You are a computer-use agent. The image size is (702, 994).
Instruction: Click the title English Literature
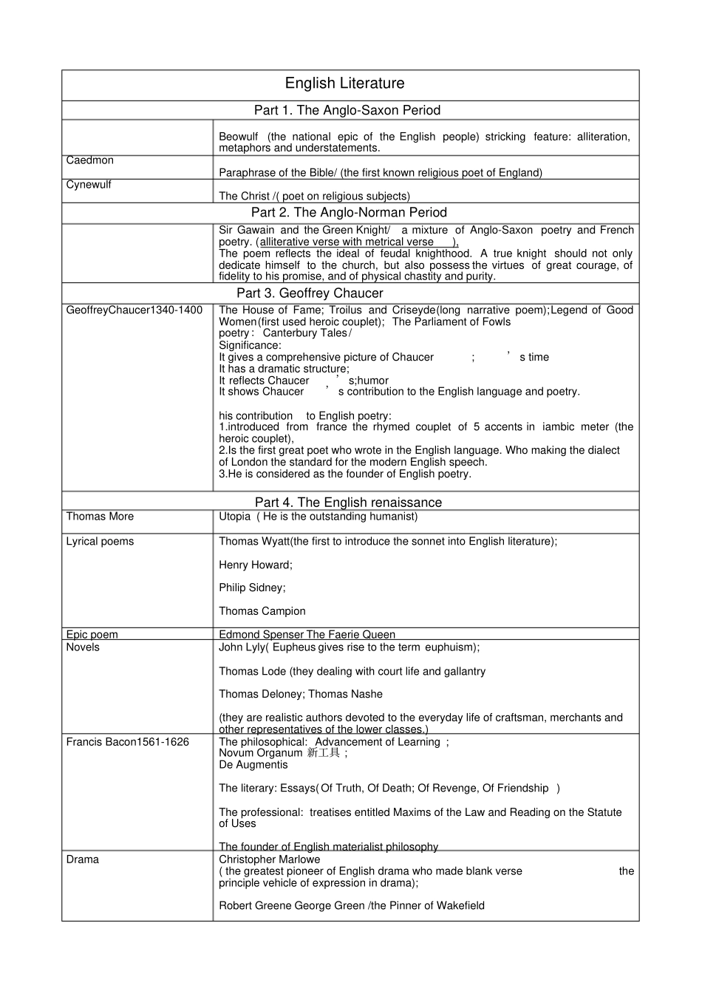pyautogui.click(x=344, y=84)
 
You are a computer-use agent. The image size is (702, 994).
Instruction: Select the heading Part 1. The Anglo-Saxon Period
pyautogui.click(x=347, y=110)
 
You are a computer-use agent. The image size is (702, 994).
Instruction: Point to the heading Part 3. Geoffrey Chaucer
pyautogui.click(x=310, y=293)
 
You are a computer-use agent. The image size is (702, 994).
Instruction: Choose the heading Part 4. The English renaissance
pyautogui.click(x=348, y=502)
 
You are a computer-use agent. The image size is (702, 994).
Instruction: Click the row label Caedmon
pyautogui.click(x=90, y=160)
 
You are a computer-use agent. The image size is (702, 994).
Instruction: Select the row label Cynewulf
pyautogui.click(x=89, y=184)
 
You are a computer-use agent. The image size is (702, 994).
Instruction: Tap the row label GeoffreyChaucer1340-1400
pyautogui.click(x=134, y=310)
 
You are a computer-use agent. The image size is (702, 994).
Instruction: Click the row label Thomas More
pyautogui.click(x=100, y=516)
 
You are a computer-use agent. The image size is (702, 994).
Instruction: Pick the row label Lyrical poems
pyautogui.click(x=100, y=541)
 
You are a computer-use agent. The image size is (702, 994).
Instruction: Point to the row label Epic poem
pyautogui.click(x=92, y=634)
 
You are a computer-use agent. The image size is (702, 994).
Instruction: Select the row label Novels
pyautogui.click(x=83, y=647)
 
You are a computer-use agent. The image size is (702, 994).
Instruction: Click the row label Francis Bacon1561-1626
pyautogui.click(x=127, y=741)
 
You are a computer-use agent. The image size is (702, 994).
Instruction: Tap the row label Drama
pyautogui.click(x=82, y=859)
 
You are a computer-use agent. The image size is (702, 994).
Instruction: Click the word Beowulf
pyautogui.click(x=238, y=137)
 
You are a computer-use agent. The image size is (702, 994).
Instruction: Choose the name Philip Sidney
pyautogui.click(x=251, y=588)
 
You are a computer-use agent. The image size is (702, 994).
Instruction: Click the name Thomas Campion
pyautogui.click(x=262, y=610)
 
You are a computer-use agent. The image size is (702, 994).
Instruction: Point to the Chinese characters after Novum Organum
pyautogui.click(x=324, y=753)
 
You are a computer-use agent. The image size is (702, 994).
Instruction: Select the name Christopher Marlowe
pyautogui.click(x=269, y=859)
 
